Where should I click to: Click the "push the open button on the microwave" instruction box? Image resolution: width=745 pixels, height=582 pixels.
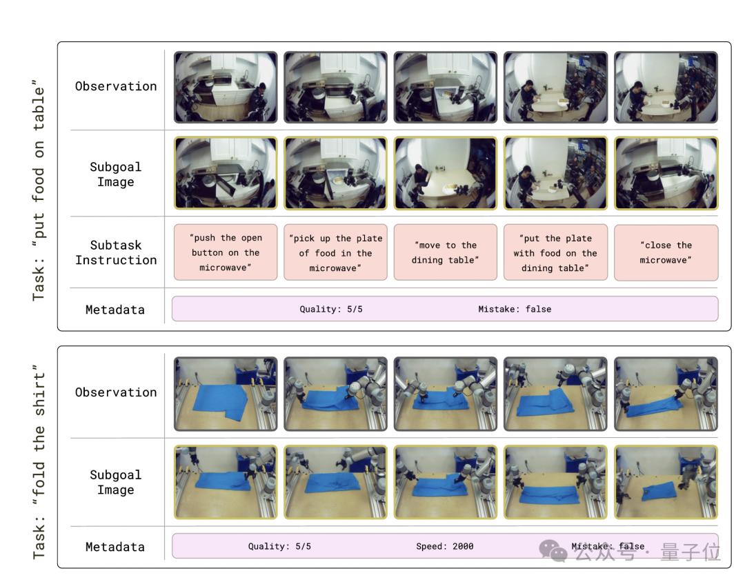point(226,252)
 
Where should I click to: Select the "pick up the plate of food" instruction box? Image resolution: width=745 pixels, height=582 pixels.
point(335,252)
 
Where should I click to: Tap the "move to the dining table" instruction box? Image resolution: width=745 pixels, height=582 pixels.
point(445,252)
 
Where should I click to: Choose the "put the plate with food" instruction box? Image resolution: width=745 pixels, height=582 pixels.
point(555,252)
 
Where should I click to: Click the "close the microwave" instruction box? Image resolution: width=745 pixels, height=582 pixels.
point(666,252)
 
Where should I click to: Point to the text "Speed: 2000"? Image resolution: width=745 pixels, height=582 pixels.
point(445,546)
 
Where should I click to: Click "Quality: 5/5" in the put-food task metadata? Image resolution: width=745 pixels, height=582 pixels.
point(331,310)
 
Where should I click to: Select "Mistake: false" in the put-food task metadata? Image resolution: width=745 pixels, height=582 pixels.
point(515,310)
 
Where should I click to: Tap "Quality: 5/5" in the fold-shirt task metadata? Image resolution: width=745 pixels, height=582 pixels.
point(279,546)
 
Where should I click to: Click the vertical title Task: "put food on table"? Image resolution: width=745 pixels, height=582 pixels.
point(39,190)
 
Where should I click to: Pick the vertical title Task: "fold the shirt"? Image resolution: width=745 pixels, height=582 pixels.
point(39,462)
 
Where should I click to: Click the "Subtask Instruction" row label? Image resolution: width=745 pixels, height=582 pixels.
point(116,253)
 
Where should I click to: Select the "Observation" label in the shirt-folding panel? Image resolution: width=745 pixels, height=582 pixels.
point(116,392)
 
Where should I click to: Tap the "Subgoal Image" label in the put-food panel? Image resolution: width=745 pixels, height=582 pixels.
point(116,174)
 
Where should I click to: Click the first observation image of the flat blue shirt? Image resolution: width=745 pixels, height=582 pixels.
point(226,394)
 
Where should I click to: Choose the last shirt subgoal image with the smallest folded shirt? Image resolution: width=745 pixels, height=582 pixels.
point(666,482)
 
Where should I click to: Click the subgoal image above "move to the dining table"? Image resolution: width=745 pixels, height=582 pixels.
point(446,173)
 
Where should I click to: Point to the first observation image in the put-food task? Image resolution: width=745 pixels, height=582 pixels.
point(226,88)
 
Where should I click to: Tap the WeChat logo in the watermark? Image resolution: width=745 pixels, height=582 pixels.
point(553,551)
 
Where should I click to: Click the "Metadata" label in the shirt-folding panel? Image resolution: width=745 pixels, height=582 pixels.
point(115,547)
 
